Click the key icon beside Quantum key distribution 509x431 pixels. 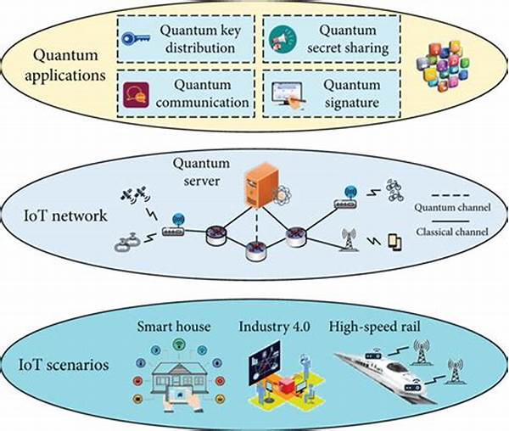click(x=137, y=39)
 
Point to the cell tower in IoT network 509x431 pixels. click(x=348, y=240)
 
